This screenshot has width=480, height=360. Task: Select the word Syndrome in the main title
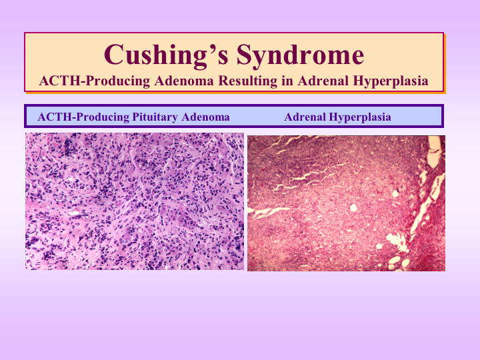tap(300, 55)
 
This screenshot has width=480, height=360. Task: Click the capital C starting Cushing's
tap(114, 54)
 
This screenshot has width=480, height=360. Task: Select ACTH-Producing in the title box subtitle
tap(95, 81)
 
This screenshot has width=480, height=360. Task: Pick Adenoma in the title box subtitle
tap(184, 81)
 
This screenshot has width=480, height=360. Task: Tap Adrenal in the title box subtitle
tap(323, 81)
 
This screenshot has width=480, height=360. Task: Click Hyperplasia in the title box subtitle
tap(391, 81)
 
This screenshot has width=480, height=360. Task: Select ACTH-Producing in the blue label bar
tap(83, 117)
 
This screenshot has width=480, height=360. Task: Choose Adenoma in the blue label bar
tap(205, 117)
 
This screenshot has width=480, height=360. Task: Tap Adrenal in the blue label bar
tap(305, 117)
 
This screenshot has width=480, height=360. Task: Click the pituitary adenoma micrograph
tap(135, 201)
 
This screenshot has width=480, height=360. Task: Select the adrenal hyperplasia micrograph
tap(346, 203)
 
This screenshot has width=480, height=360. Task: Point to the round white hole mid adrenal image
tap(353, 208)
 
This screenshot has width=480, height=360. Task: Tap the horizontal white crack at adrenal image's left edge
tap(269, 212)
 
